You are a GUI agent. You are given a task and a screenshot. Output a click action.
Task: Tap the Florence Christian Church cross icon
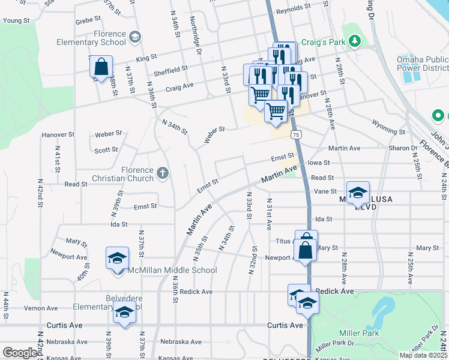pos(161,173)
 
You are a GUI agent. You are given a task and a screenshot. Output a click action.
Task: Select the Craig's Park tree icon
pos(355,41)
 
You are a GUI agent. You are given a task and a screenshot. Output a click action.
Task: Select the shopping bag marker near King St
pos(101,67)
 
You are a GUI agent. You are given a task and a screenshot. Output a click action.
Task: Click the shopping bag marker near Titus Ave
pos(306,249)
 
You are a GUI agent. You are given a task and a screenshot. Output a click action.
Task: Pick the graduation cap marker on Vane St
pos(358,193)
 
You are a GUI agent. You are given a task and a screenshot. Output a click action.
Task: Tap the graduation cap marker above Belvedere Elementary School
pos(124,313)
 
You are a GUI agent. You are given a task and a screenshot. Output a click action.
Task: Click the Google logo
pos(20,353)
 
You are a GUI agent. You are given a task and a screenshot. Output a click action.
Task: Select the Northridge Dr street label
pos(196,35)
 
